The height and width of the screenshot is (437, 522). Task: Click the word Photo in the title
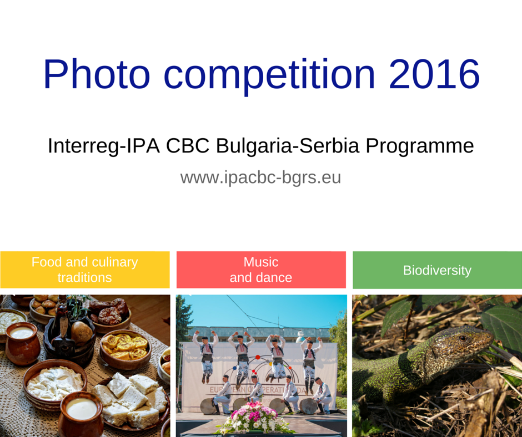97,74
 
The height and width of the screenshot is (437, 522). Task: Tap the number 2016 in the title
434,74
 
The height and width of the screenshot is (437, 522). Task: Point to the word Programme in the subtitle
420,146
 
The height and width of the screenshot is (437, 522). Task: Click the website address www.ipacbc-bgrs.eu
260,178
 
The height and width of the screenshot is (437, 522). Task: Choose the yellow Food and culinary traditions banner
85,270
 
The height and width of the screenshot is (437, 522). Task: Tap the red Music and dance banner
261,270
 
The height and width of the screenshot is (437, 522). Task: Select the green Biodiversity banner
437,270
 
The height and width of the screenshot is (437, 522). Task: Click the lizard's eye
463,338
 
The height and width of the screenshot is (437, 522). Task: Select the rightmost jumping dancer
310,361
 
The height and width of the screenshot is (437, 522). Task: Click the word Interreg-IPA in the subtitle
104,146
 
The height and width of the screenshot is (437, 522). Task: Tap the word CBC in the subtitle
188,145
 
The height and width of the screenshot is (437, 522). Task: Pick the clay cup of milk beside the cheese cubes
81,414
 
